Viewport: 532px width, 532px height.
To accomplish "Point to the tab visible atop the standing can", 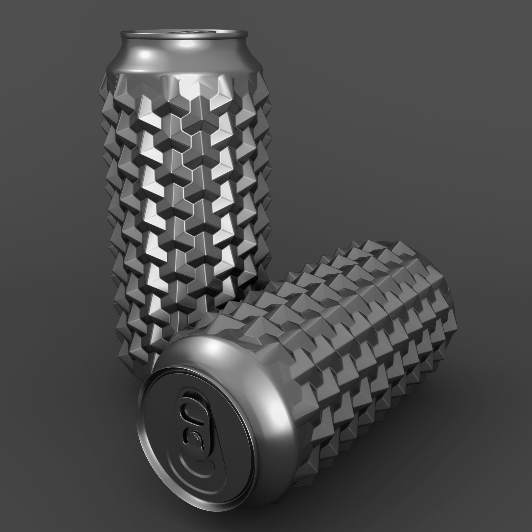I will [190, 32].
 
